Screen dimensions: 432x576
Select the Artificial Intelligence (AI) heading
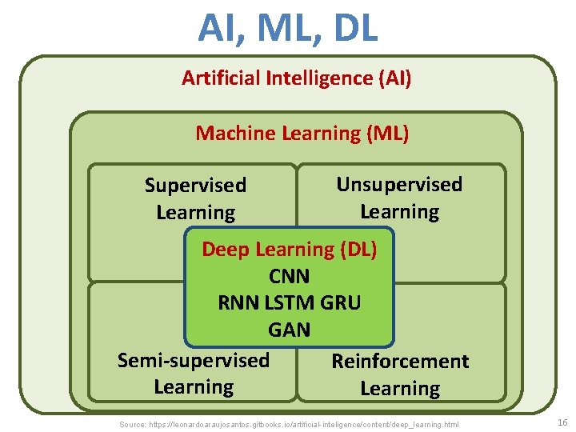tap(296, 78)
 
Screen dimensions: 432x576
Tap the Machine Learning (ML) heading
tap(302, 134)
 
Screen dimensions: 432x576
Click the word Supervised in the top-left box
tap(195, 186)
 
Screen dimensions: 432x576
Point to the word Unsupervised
tap(399, 185)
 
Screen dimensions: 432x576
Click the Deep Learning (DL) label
tap(289, 250)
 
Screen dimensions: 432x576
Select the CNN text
tap(289, 277)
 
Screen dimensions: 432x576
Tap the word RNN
tap(237, 303)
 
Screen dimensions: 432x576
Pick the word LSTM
tap(289, 303)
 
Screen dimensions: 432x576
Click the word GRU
tap(341, 303)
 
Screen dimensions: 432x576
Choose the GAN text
tap(289, 330)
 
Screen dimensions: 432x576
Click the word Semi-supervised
tap(194, 360)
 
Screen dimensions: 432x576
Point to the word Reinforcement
tap(400, 362)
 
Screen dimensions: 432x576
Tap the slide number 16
tap(562, 422)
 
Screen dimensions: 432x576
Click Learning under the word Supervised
tap(195, 213)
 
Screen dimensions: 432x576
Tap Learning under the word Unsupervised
tap(399, 212)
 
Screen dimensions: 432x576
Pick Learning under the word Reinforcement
tap(400, 389)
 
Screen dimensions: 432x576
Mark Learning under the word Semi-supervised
tap(194, 387)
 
